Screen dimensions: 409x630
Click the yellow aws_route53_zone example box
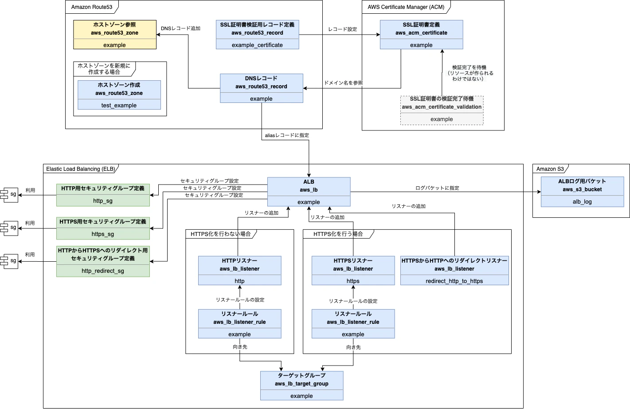115,35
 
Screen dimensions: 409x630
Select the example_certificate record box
257,35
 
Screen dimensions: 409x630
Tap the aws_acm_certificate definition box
421,35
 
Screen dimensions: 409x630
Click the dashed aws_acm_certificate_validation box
442,110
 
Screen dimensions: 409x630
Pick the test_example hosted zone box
119,95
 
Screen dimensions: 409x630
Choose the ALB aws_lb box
309,192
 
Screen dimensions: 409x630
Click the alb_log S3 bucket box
582,192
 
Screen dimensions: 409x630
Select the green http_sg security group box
103,195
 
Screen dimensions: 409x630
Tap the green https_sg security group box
103,228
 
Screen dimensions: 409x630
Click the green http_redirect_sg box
103,262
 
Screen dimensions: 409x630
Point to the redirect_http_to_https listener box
454,271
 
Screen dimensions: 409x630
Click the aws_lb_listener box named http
239,271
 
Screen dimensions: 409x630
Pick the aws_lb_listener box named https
353,271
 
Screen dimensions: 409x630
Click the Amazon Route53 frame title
92,7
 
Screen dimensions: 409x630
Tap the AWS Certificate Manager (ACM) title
406,7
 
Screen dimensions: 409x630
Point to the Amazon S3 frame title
550,169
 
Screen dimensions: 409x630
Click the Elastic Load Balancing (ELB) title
80,169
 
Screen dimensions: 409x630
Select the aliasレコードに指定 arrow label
287,135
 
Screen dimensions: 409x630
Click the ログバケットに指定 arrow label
437,188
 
